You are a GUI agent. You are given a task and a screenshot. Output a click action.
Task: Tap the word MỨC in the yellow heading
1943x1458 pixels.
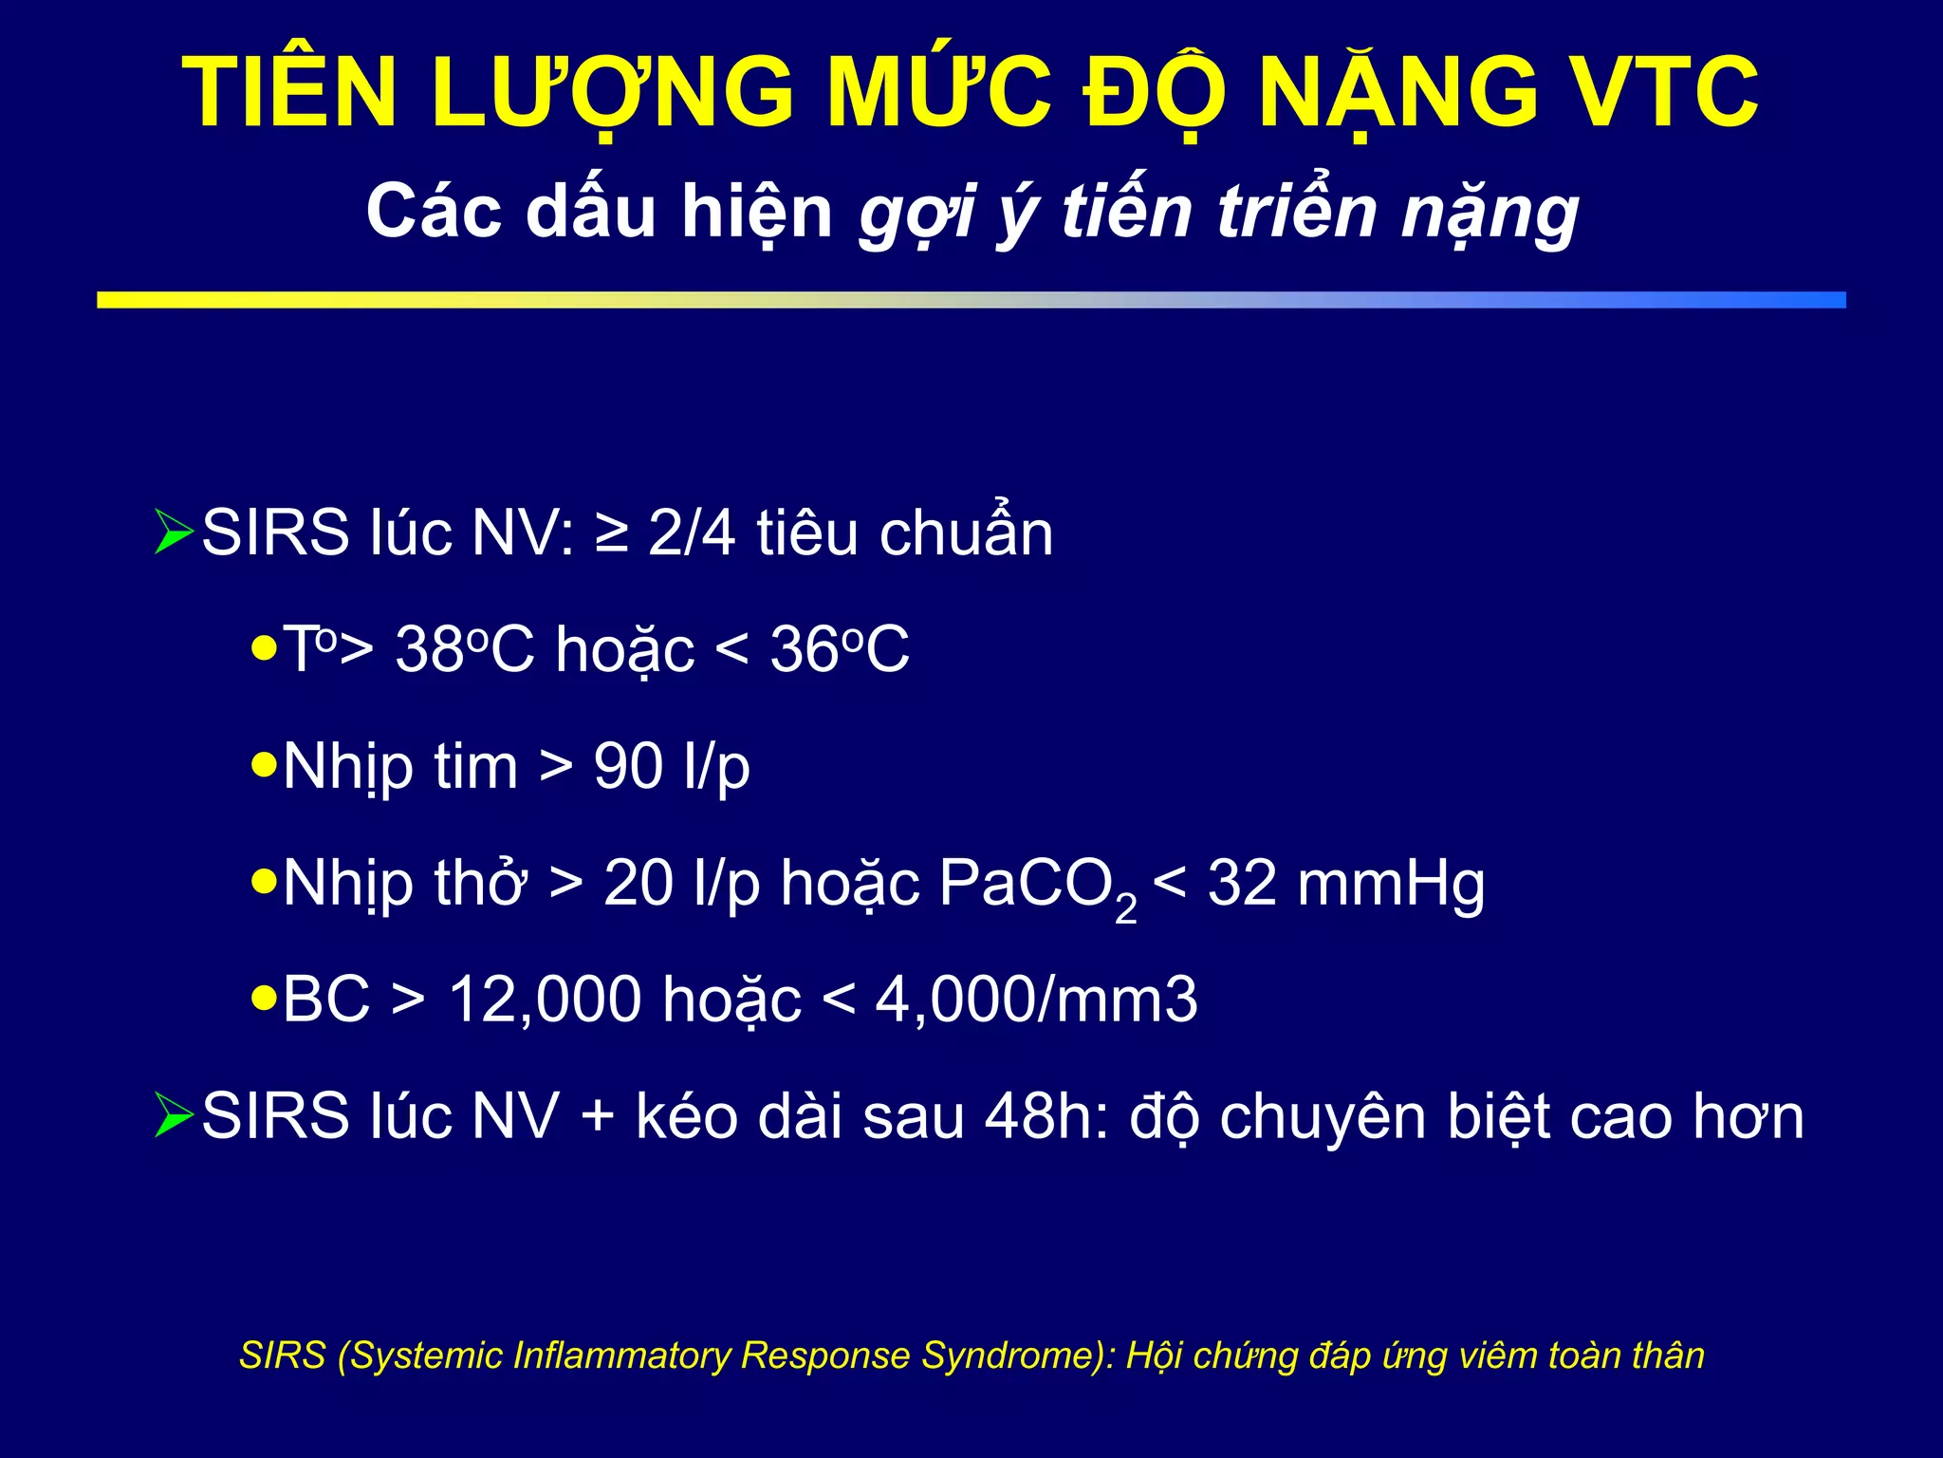coord(938,92)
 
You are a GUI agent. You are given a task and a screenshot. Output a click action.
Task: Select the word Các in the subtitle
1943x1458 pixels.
coord(433,211)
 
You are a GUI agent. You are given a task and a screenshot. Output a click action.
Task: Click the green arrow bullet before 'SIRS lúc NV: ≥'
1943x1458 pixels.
coord(174,532)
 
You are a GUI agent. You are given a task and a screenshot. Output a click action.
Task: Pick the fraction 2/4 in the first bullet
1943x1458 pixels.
coord(692,533)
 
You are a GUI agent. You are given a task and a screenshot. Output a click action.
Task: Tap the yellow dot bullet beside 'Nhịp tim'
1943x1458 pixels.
coord(264,764)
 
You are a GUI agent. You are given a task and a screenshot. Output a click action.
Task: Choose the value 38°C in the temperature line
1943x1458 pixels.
coord(465,650)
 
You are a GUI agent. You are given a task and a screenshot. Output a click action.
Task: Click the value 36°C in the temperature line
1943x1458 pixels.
coord(840,650)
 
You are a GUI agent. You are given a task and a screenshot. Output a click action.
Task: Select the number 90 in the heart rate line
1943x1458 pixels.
coord(628,766)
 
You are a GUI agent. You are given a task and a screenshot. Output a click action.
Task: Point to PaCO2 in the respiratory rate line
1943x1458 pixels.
coord(1037,885)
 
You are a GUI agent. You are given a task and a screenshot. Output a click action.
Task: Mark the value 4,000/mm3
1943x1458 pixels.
coord(1036,1000)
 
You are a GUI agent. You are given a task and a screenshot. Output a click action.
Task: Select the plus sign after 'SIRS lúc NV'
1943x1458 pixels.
coord(598,1115)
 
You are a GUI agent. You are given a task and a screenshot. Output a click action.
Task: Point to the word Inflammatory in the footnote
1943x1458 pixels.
coord(622,1355)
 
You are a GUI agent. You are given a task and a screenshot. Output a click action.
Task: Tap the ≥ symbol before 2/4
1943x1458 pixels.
coord(612,533)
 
